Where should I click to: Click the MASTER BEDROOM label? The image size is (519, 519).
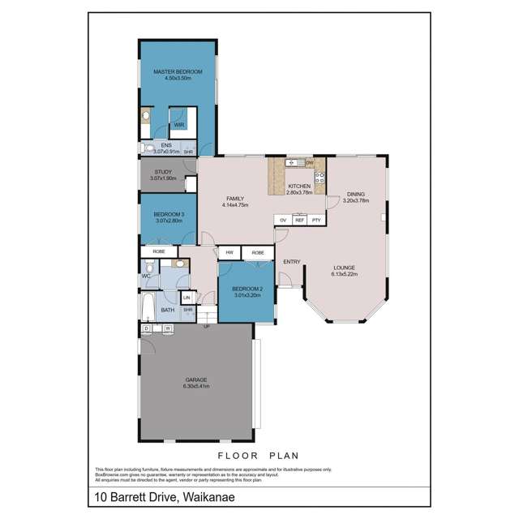(x=177, y=73)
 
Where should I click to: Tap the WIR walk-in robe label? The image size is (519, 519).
(x=178, y=124)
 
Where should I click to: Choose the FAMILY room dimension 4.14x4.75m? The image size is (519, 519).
(x=234, y=205)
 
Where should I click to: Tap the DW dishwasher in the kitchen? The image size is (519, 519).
(x=309, y=163)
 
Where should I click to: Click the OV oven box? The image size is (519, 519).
(x=283, y=220)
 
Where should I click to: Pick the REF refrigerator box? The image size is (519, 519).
(x=299, y=220)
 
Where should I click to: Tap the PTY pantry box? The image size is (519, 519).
(x=316, y=220)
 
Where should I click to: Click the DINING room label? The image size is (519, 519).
(x=355, y=195)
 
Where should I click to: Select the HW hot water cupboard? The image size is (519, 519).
(x=229, y=252)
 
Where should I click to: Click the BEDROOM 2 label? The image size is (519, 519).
(x=246, y=289)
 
